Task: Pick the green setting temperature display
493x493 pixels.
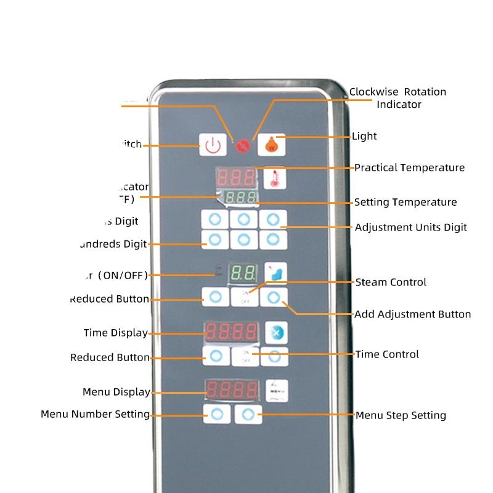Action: point(240,198)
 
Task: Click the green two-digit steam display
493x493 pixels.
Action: point(242,273)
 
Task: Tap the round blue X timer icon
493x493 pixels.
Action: point(276,333)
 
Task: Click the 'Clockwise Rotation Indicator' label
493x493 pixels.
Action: point(397,98)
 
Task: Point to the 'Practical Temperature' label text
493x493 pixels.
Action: point(409,168)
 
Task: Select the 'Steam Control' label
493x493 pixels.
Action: point(391,282)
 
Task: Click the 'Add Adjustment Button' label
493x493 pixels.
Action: point(412,314)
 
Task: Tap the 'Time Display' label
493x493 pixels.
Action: point(115,333)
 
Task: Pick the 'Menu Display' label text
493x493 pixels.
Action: point(116,392)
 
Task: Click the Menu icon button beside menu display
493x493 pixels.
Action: point(275,390)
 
